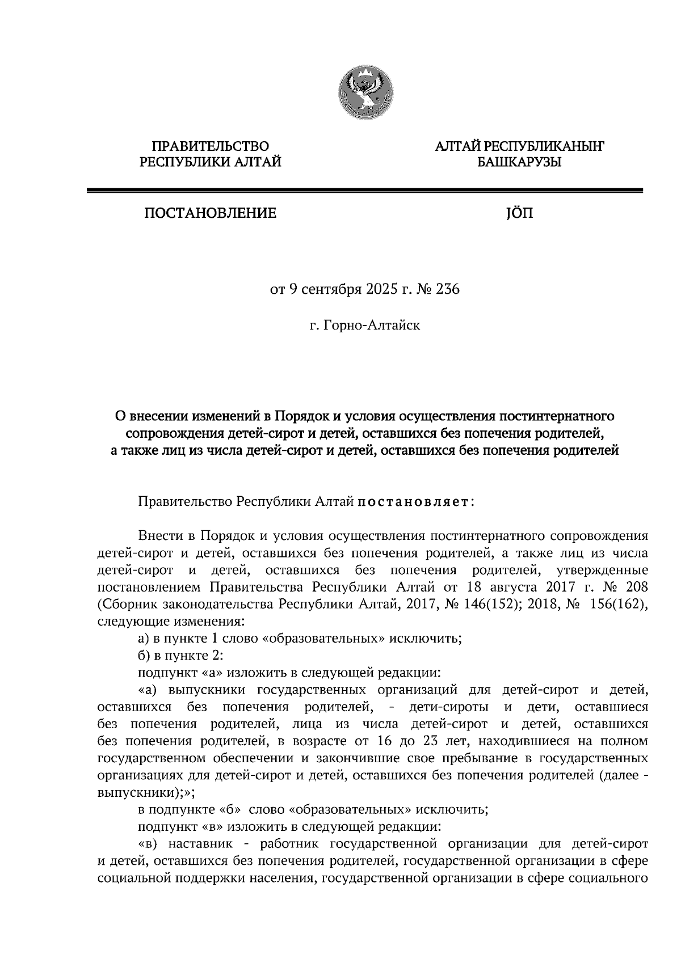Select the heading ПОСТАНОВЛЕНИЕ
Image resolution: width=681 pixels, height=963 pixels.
(211, 214)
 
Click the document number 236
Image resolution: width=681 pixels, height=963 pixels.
(447, 290)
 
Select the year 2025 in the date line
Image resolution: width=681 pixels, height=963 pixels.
(369, 290)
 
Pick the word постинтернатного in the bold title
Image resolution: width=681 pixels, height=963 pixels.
(556, 416)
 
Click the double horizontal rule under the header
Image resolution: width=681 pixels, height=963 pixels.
(364, 191)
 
